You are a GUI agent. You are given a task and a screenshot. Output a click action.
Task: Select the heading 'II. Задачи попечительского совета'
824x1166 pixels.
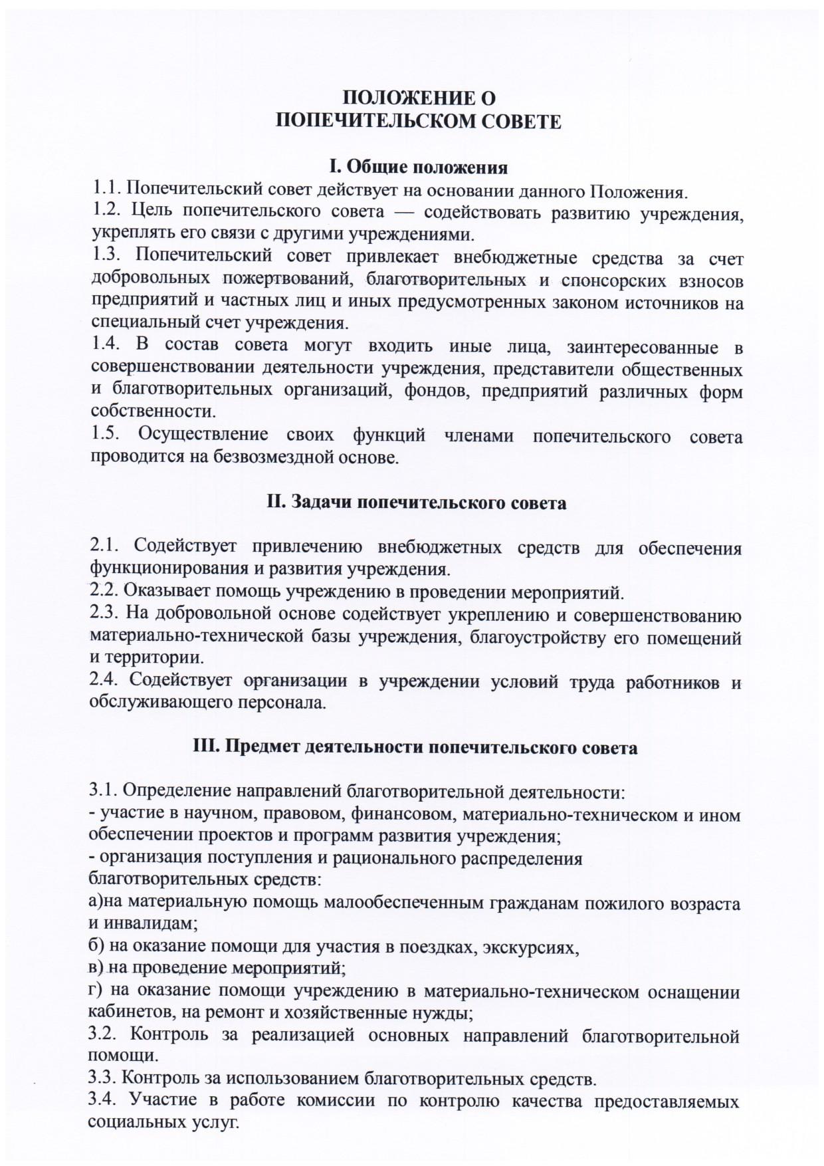417,503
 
